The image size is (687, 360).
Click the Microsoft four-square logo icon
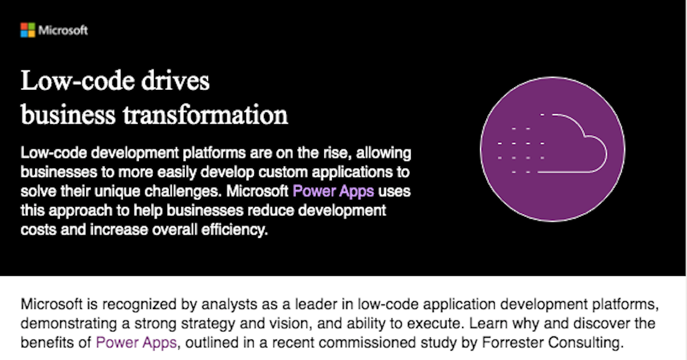pyautogui.click(x=28, y=30)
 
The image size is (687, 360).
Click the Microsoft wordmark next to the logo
pyautogui.click(x=63, y=30)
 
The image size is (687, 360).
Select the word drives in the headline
pyautogui.click(x=175, y=81)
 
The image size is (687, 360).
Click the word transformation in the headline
pyautogui.click(x=206, y=114)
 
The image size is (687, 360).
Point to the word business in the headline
pyautogui.click(x=68, y=114)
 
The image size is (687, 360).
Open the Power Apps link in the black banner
pyautogui.click(x=333, y=191)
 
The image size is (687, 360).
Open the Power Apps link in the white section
pyautogui.click(x=136, y=342)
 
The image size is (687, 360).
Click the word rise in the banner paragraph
pyautogui.click(x=337, y=153)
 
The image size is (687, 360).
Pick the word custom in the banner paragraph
pyautogui.click(x=283, y=172)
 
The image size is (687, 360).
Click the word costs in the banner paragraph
pyautogui.click(x=39, y=230)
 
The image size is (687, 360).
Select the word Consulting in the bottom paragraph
pyautogui.click(x=586, y=343)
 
